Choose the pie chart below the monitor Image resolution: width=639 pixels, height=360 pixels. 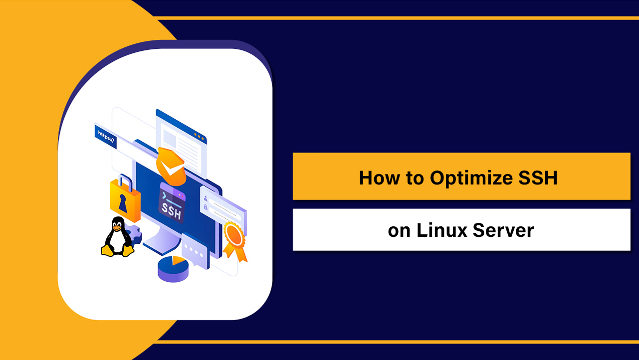click(173, 268)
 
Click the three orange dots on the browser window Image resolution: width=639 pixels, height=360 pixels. click(200, 135)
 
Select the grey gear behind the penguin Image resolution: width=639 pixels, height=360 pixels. click(133, 233)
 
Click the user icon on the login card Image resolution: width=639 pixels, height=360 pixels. click(206, 197)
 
